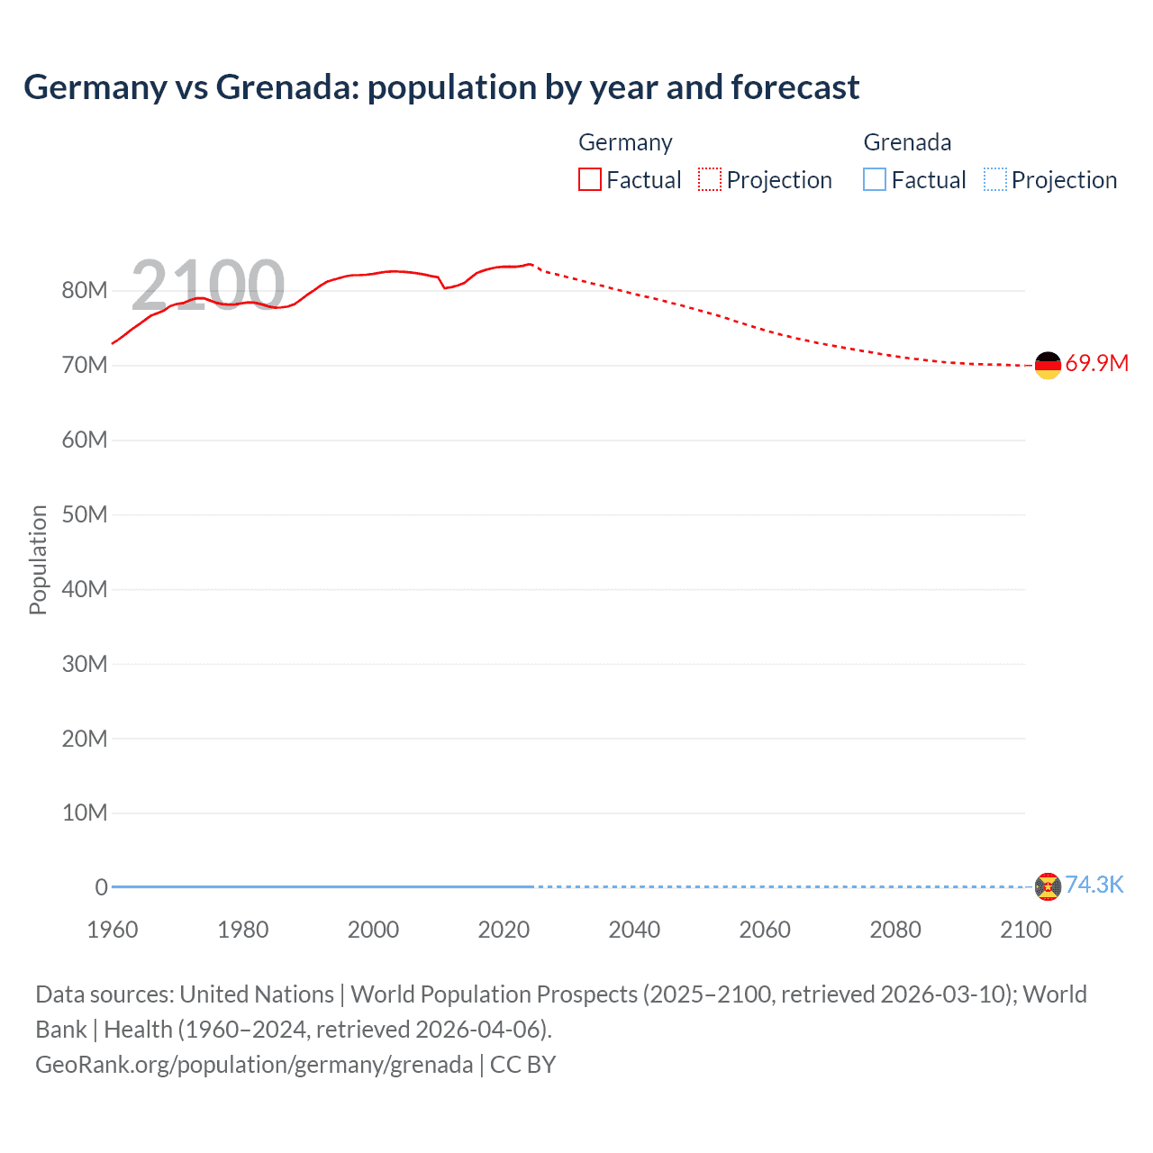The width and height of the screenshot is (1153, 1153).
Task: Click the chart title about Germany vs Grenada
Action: tap(441, 87)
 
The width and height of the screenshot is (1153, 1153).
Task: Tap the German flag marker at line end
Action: tap(1048, 365)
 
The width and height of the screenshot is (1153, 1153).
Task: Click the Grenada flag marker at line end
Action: tap(1048, 886)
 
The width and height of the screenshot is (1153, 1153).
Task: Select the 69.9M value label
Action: tap(1096, 363)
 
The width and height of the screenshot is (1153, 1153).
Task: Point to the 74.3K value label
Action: tap(1094, 885)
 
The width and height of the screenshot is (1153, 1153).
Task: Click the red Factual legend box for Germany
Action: tap(590, 180)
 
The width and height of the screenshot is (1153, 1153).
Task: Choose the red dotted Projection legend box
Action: tap(710, 180)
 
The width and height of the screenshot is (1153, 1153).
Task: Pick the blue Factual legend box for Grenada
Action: tap(875, 180)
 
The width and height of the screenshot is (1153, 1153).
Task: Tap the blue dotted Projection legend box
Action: tap(994, 180)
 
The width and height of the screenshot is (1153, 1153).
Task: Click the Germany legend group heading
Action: tap(625, 142)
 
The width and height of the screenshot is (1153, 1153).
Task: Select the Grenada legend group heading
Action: tap(907, 142)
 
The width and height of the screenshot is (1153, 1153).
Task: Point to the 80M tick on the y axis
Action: tap(85, 290)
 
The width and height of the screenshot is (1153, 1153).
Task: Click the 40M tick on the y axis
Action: tap(85, 589)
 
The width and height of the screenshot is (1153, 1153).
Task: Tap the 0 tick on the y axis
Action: tap(101, 887)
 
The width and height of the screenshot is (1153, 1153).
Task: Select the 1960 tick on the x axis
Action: tap(113, 930)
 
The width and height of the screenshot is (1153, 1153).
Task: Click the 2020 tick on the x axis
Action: tap(504, 930)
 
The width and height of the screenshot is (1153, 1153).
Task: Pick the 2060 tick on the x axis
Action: tap(765, 930)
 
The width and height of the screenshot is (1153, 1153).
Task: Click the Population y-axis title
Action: tap(38, 559)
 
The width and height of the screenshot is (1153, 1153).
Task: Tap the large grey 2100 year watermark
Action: tap(208, 286)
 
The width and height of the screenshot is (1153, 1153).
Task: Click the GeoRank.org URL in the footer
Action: tap(254, 1064)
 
